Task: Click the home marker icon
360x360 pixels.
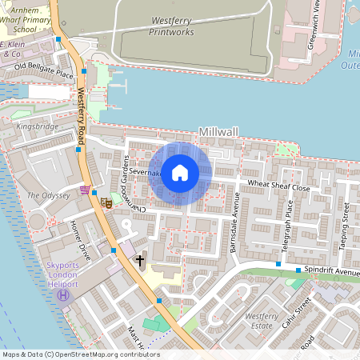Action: click(x=180, y=173)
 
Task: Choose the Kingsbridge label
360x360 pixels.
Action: click(x=38, y=126)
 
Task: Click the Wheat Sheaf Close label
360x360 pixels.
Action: click(x=278, y=187)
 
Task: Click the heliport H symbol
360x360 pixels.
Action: click(x=63, y=296)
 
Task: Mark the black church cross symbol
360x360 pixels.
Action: click(x=140, y=261)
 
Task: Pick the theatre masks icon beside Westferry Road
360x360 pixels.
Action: click(x=106, y=203)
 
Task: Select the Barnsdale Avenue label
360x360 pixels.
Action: click(x=236, y=226)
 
